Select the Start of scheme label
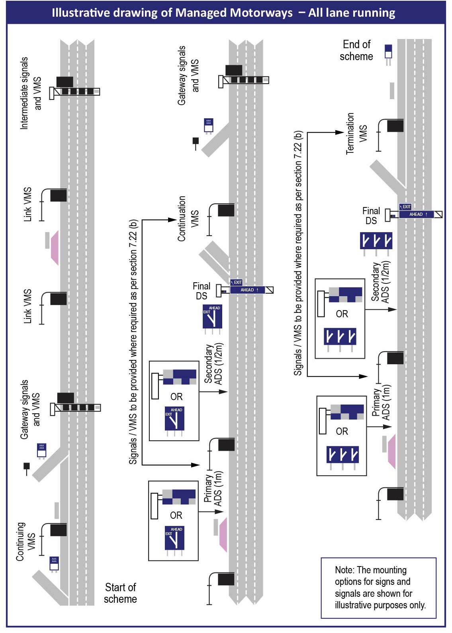click(x=120, y=593)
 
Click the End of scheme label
click(x=356, y=50)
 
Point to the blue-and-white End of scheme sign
click(x=388, y=51)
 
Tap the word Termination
click(x=350, y=133)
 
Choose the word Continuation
click(x=182, y=219)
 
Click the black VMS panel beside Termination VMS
click(x=395, y=126)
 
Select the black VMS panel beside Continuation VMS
click(x=226, y=210)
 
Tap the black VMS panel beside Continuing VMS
click(x=58, y=530)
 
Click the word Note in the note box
click(x=343, y=570)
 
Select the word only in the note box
click(x=417, y=605)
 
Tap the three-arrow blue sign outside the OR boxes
click(x=376, y=241)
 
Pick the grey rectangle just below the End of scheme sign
click(x=392, y=91)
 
